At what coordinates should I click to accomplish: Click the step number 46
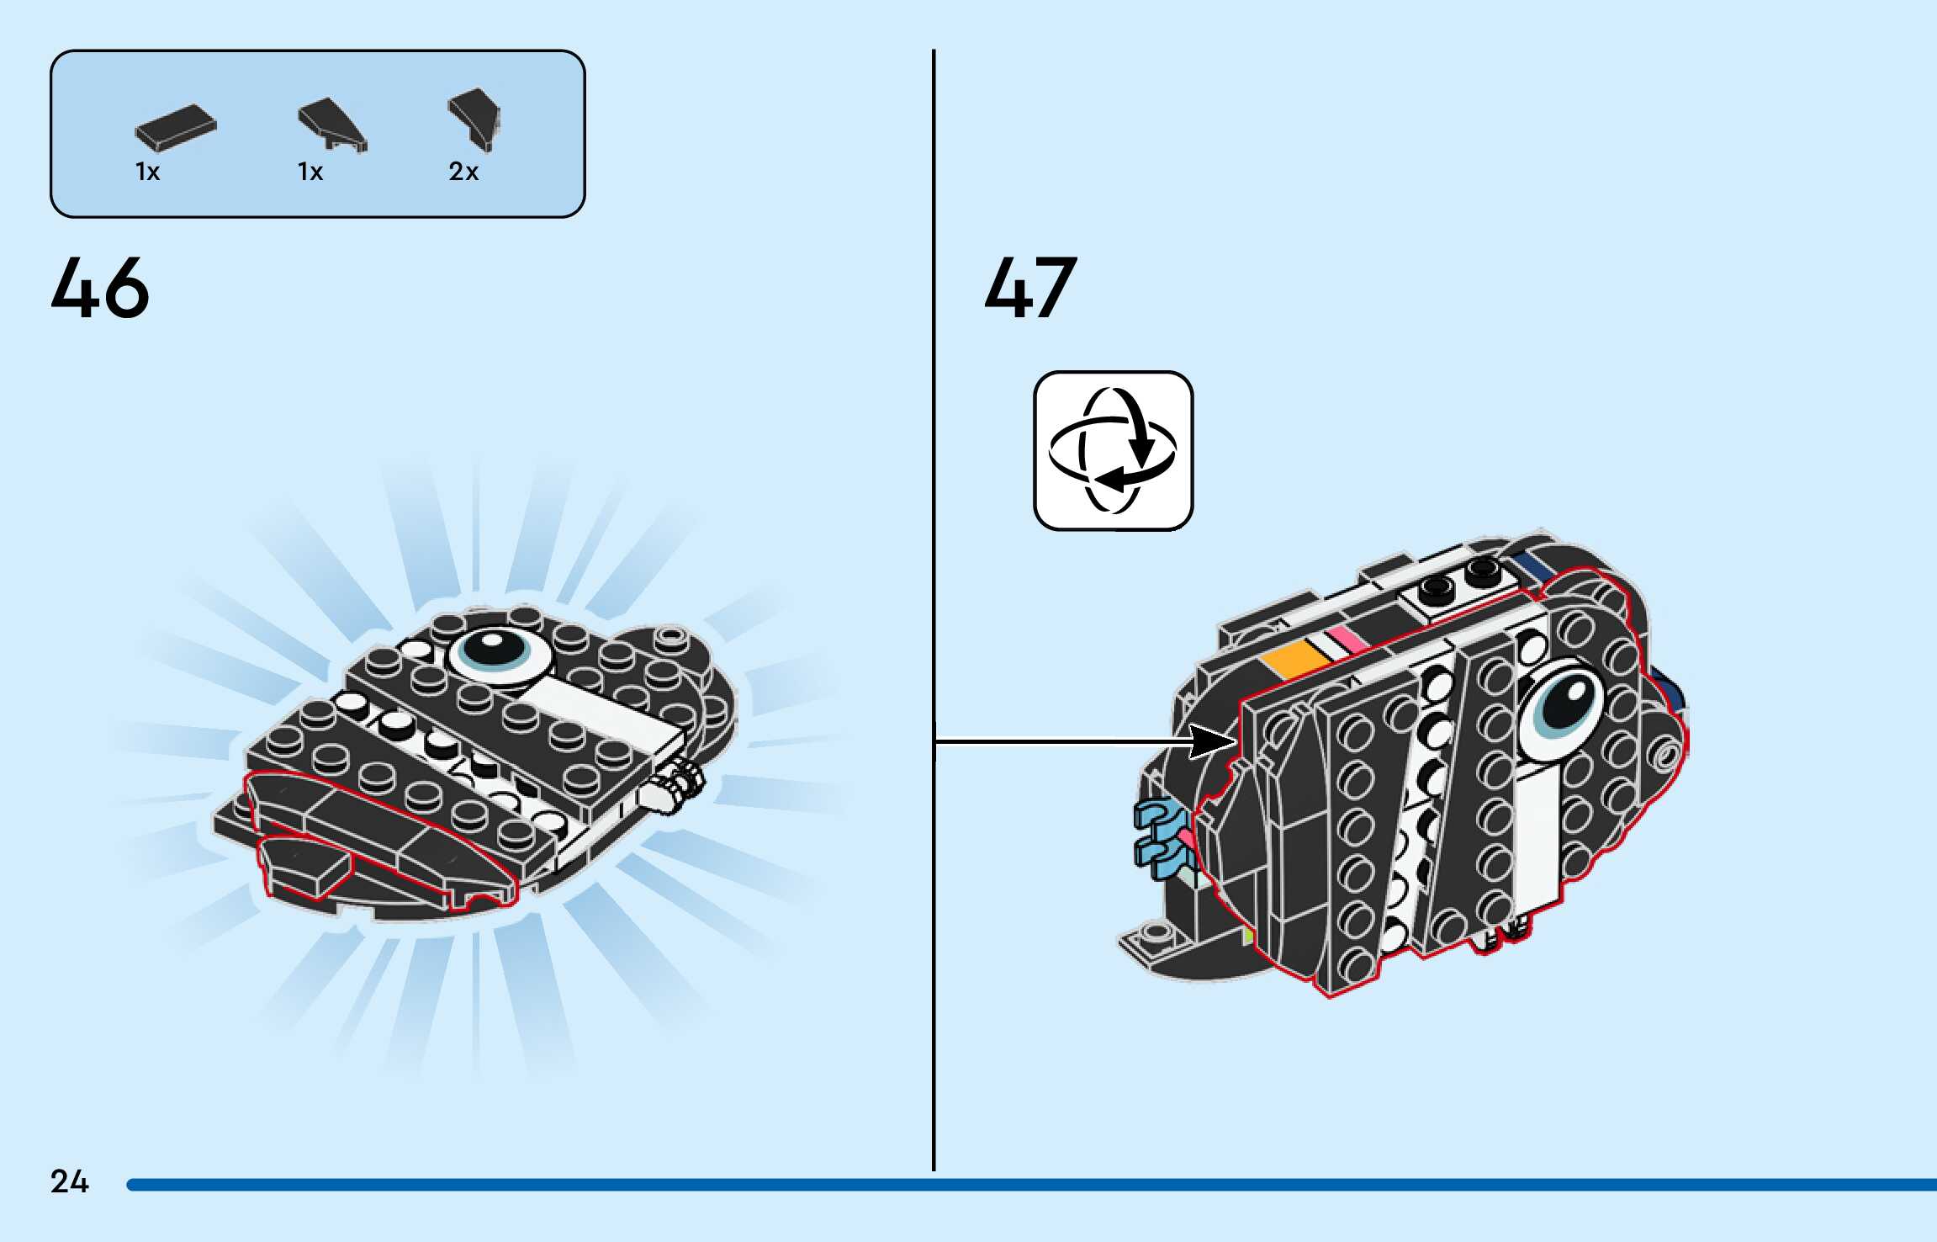tap(99, 288)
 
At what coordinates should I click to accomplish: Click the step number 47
tap(1030, 288)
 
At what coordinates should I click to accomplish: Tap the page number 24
tap(69, 1181)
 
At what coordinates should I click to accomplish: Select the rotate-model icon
tap(1113, 450)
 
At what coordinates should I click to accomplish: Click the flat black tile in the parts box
tap(175, 128)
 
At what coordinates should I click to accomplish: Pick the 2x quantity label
tap(463, 172)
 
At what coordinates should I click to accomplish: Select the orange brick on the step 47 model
tap(1295, 657)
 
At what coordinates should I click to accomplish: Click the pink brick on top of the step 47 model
tap(1347, 639)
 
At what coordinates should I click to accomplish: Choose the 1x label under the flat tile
tap(147, 172)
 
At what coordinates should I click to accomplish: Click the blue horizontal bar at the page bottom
tap(1009, 1185)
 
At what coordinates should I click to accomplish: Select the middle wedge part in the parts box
tap(332, 125)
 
